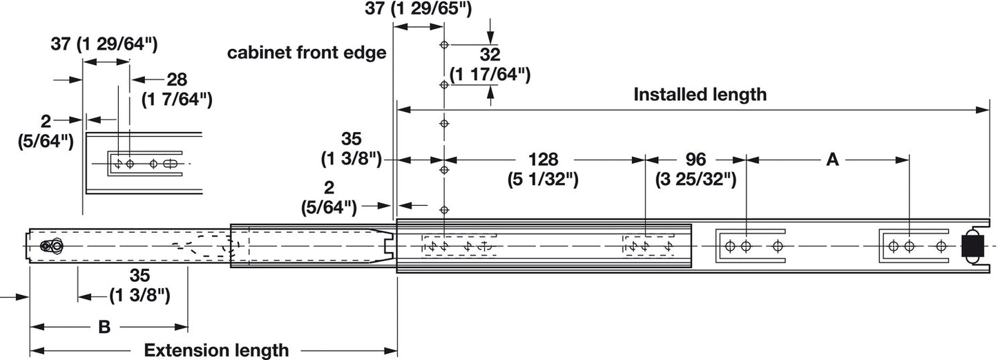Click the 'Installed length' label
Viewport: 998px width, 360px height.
pyautogui.click(x=700, y=95)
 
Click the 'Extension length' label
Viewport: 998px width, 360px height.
pyautogui.click(x=216, y=350)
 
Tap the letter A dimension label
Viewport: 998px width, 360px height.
pyautogui.click(x=832, y=160)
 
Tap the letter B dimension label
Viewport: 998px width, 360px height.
pyautogui.click(x=104, y=327)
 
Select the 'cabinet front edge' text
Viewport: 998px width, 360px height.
pyautogui.click(x=307, y=54)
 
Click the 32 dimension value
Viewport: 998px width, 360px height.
pyautogui.click(x=490, y=55)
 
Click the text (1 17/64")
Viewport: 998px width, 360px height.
pyautogui.click(x=490, y=74)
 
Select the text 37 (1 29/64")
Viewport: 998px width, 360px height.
pyautogui.click(x=105, y=45)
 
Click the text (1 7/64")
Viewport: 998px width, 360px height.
pyautogui.click(x=176, y=100)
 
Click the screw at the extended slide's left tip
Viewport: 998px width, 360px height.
pyautogui.click(x=49, y=246)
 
